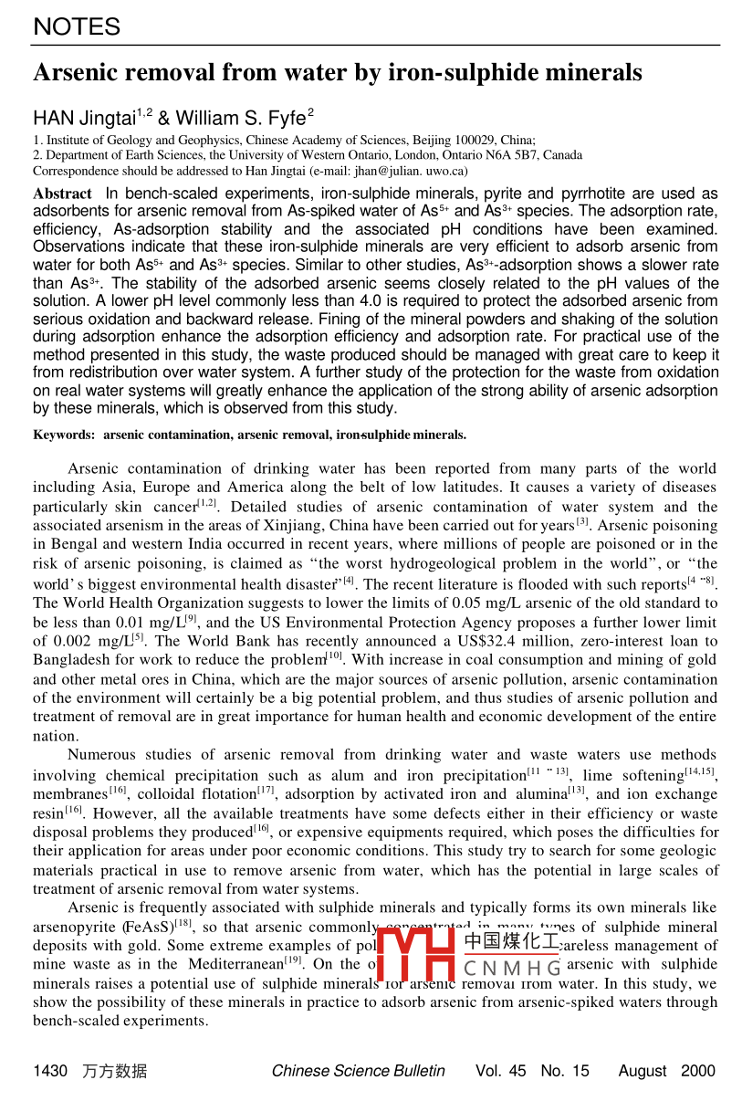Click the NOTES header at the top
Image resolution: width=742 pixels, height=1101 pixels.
(x=77, y=27)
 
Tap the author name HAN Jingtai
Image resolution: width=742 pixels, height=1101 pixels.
(x=83, y=118)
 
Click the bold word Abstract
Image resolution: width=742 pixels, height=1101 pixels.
(x=62, y=194)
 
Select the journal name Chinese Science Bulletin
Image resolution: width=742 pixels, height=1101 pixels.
(x=358, y=1071)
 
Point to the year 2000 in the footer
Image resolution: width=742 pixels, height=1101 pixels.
(x=697, y=1071)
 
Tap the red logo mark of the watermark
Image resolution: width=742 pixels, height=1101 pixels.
(x=416, y=954)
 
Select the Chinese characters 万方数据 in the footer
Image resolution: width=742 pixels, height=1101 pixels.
(x=114, y=1071)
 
